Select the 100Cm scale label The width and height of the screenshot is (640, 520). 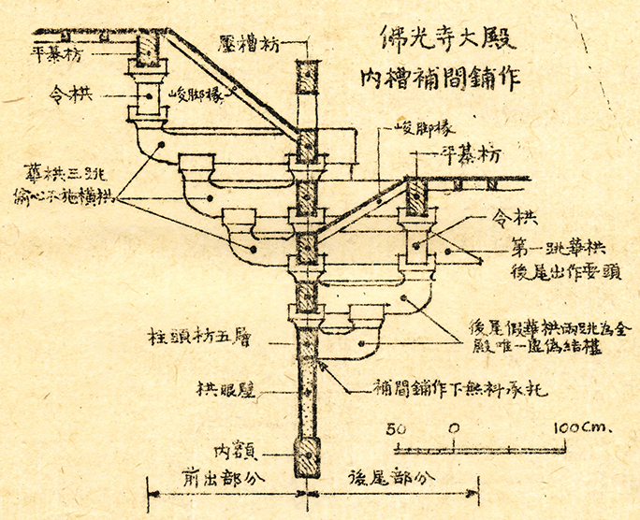[x=580, y=427]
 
